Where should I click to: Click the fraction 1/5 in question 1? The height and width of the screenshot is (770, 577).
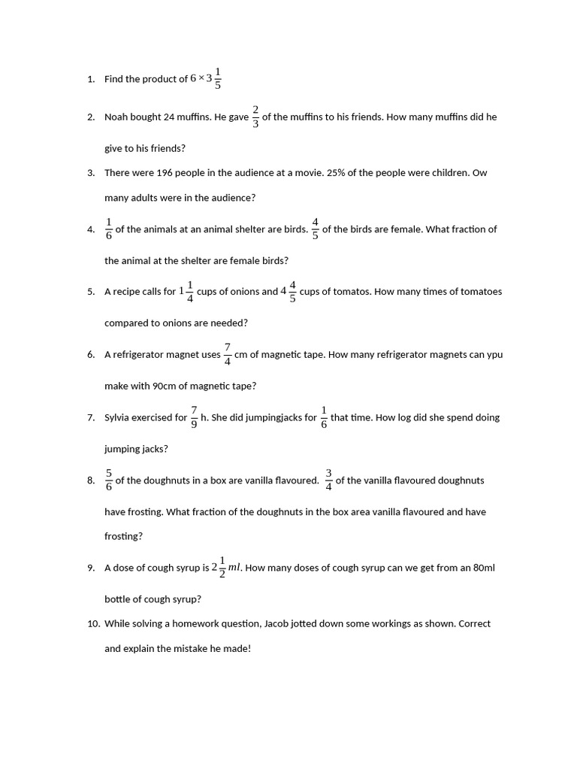(218, 78)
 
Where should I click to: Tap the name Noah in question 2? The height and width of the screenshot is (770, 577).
(116, 117)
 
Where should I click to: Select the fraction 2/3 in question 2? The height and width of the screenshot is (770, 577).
(255, 117)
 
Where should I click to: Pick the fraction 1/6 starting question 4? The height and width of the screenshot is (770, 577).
(109, 229)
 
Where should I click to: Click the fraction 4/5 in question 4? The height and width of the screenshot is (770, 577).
(316, 229)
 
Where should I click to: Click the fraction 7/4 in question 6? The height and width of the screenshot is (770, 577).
(228, 354)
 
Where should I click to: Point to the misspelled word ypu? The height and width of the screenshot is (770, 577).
(494, 355)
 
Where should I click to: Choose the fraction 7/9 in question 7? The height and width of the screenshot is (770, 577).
(194, 417)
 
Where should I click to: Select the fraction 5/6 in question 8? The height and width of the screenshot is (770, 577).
(109, 480)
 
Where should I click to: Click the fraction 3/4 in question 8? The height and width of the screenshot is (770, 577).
(328, 480)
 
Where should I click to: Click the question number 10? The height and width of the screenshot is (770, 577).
(93, 623)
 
